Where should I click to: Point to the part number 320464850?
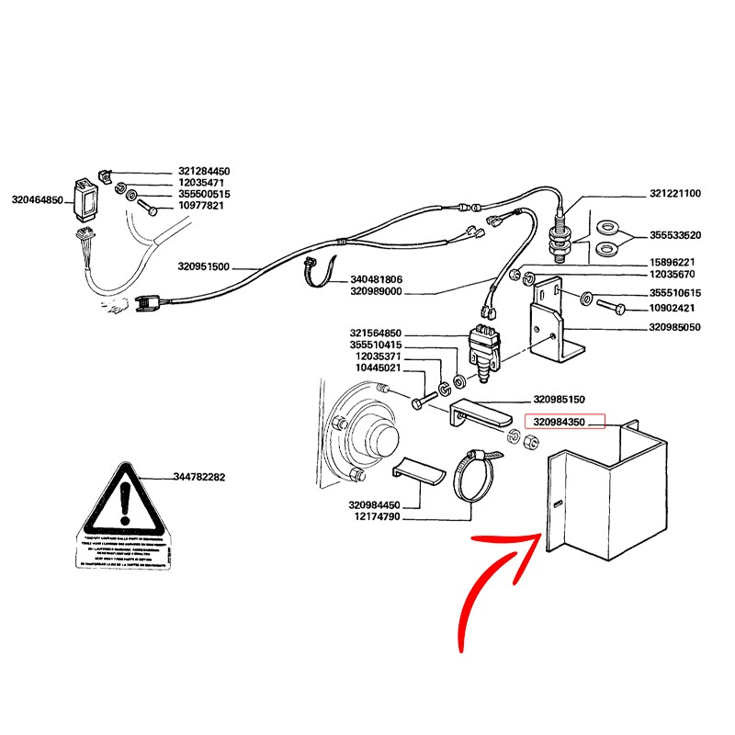click(37, 199)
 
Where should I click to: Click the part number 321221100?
click(675, 194)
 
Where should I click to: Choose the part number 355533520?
click(675, 235)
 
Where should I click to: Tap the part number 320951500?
click(203, 267)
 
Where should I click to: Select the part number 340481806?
click(377, 279)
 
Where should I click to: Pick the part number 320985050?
click(675, 326)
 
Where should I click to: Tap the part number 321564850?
click(376, 333)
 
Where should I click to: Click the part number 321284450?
click(204, 172)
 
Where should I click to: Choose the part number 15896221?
click(675, 262)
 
